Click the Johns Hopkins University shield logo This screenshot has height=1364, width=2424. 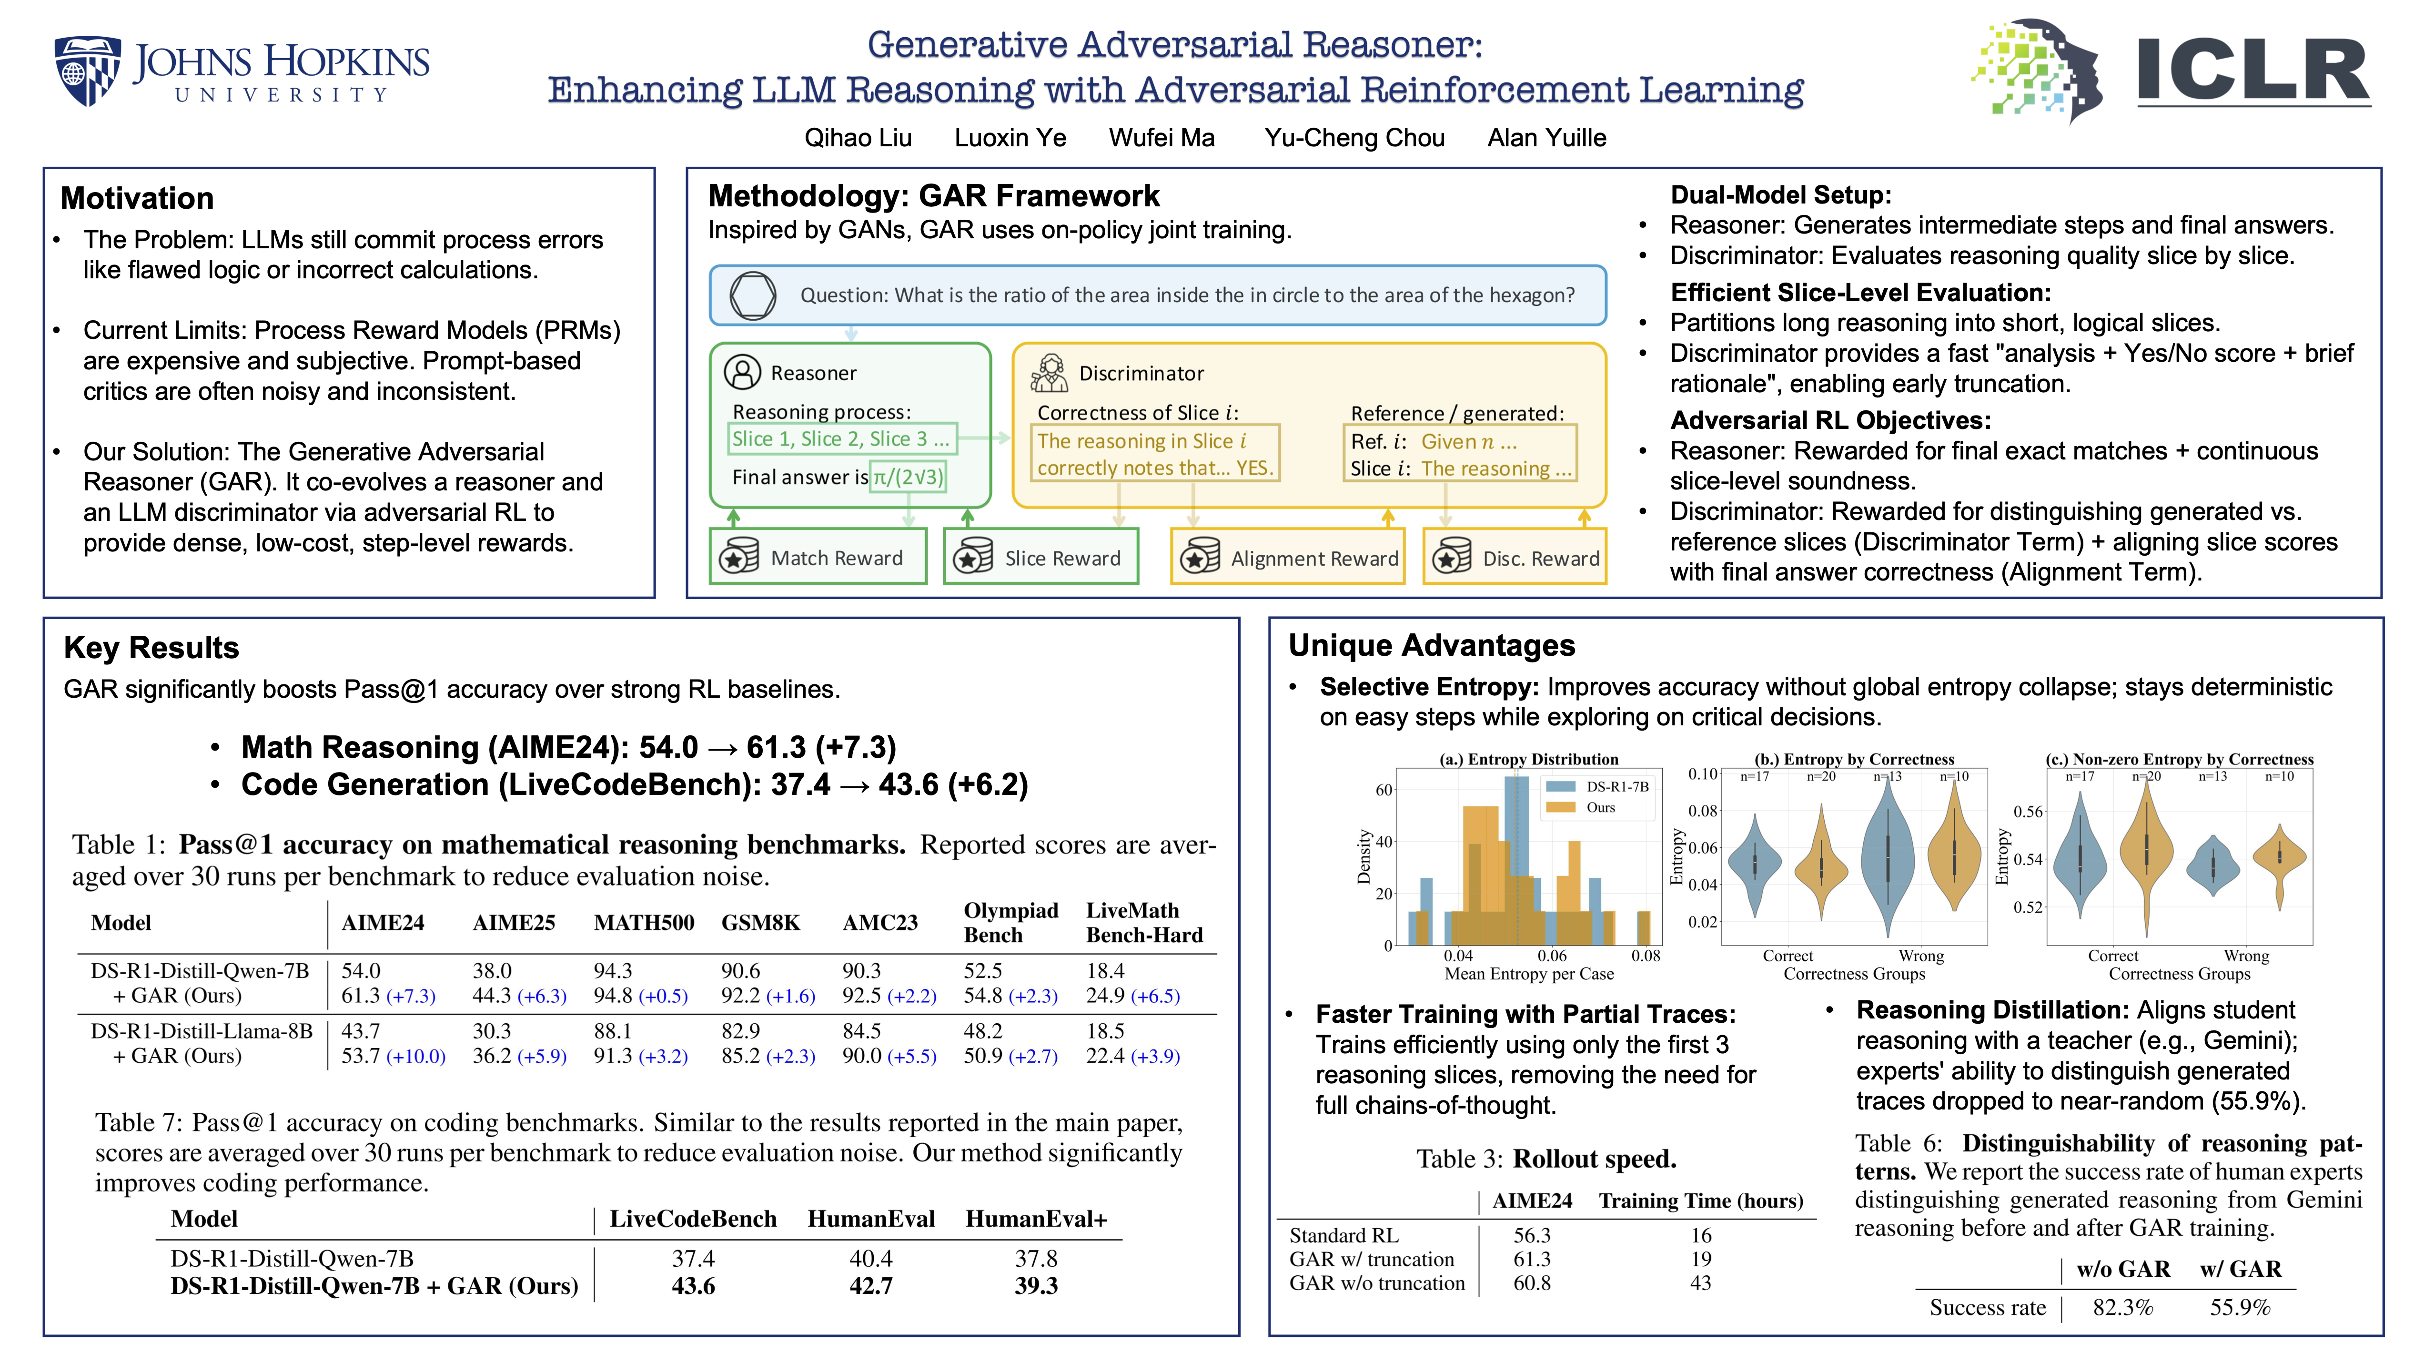[x=88, y=71]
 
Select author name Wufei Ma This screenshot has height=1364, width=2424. [x=1161, y=138]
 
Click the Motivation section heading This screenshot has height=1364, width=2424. [x=137, y=199]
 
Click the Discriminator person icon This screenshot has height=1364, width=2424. [x=1049, y=373]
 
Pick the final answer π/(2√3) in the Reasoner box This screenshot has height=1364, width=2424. [x=908, y=477]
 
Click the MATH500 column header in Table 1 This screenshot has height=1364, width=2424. [x=644, y=923]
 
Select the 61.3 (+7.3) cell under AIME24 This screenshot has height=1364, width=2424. [x=388, y=996]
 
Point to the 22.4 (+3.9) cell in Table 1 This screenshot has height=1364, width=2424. [x=1133, y=1056]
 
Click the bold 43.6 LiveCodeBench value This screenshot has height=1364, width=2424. [x=694, y=1286]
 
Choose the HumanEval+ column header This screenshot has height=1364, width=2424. [x=1036, y=1219]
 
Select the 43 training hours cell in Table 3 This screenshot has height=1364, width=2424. [x=1700, y=1283]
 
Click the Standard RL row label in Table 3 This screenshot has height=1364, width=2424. [x=1344, y=1235]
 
